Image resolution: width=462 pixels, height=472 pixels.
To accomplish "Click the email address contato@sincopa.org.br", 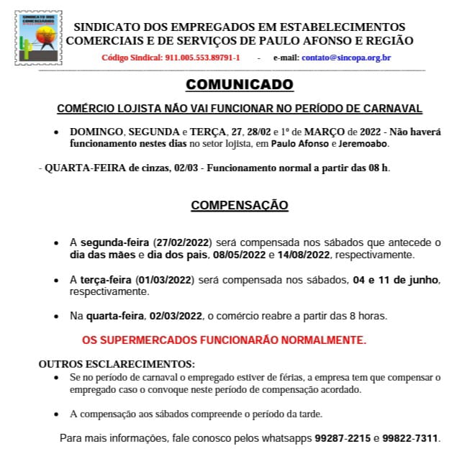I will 347,58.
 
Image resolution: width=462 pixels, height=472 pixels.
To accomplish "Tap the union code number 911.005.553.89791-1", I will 202,58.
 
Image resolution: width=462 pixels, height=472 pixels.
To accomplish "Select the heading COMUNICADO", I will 240,85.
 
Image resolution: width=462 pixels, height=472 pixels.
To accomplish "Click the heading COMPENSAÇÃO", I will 240,206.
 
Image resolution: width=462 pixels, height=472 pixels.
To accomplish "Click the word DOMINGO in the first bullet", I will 96,132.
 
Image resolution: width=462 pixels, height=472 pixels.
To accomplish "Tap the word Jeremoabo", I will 363,143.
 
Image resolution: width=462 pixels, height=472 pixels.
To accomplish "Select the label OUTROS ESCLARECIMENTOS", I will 117,364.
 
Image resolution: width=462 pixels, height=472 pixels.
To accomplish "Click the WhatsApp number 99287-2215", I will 343,438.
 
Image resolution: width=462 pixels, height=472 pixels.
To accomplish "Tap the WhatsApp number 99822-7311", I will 411,438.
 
